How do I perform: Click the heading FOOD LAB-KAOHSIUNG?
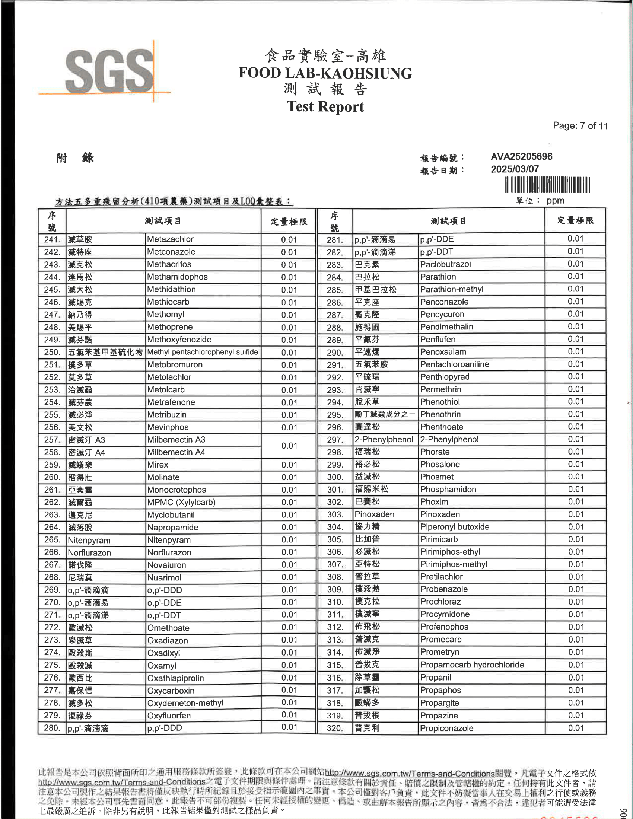click(325, 73)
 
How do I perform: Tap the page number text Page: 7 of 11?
click(580, 126)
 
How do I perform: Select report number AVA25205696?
click(521, 156)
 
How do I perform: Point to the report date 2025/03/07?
click(515, 169)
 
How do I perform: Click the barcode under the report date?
click(547, 185)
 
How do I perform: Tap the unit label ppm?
click(556, 201)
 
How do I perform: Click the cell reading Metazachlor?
click(170, 239)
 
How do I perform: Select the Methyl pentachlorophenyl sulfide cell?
click(203, 352)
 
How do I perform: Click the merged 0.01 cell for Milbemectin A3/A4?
click(289, 446)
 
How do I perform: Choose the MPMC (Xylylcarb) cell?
click(181, 502)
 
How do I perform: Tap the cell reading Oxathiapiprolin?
click(175, 678)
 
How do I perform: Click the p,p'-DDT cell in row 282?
click(436, 252)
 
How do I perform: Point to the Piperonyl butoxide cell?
click(455, 527)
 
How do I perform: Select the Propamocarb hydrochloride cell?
click(472, 665)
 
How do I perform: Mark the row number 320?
click(335, 728)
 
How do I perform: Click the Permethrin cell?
click(440, 389)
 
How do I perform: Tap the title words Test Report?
click(325, 106)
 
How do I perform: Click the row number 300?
click(335, 477)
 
